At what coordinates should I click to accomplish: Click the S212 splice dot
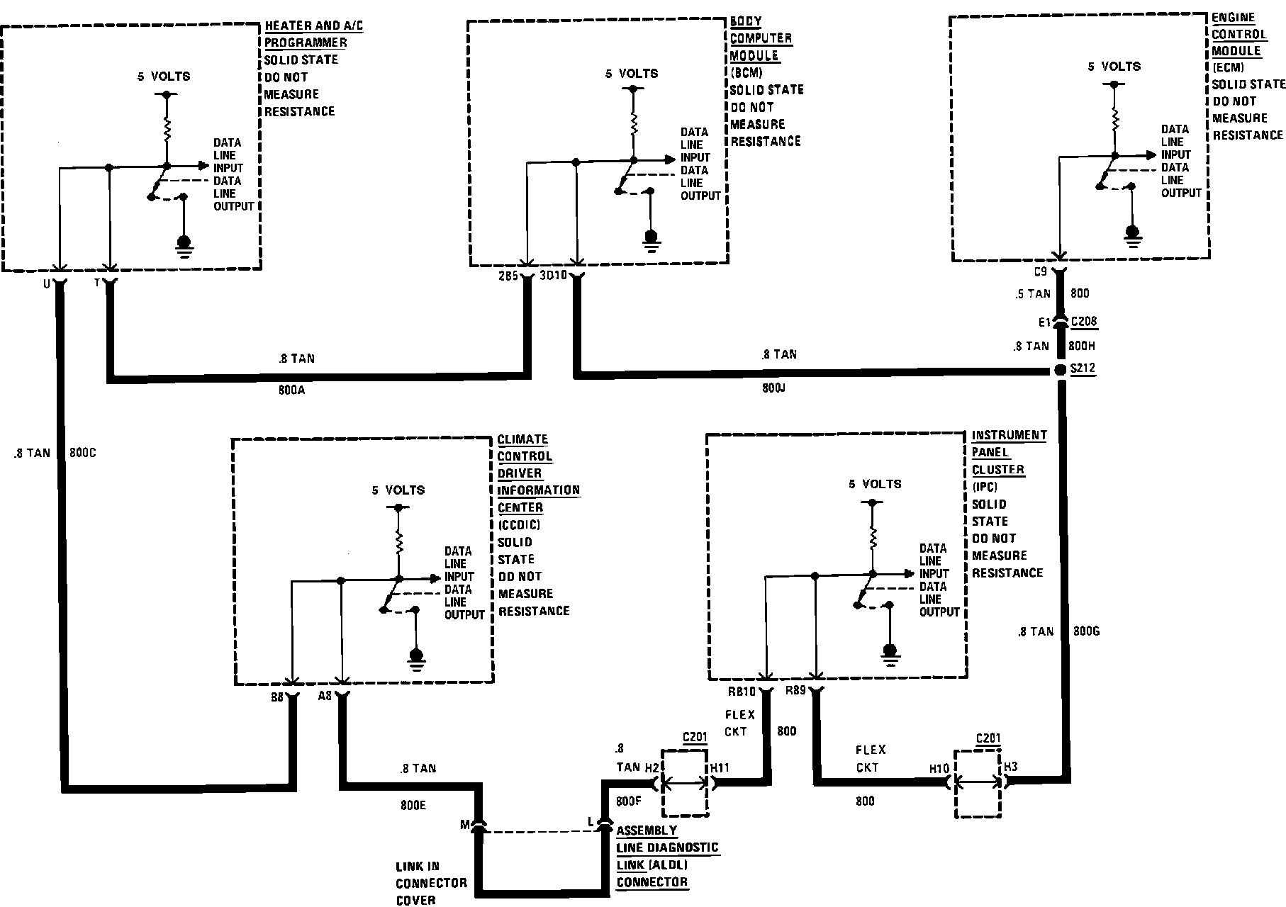[1061, 371]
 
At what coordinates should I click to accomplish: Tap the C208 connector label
[1084, 322]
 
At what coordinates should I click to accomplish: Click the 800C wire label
[82, 453]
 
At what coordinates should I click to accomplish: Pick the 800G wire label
[1087, 631]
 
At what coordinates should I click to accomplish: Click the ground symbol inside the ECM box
[1132, 233]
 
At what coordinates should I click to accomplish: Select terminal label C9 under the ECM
[1041, 271]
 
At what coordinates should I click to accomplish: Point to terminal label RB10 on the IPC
[741, 691]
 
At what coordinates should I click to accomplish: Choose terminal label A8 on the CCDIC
[325, 696]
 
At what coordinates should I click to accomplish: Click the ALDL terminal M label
[465, 824]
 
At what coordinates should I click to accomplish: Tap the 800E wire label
[413, 805]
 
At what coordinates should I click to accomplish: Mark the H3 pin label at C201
[1011, 767]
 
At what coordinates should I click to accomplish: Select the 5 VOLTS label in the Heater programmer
[164, 76]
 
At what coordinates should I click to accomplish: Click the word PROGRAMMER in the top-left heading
[306, 43]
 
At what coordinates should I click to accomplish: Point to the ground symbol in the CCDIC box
[416, 657]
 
